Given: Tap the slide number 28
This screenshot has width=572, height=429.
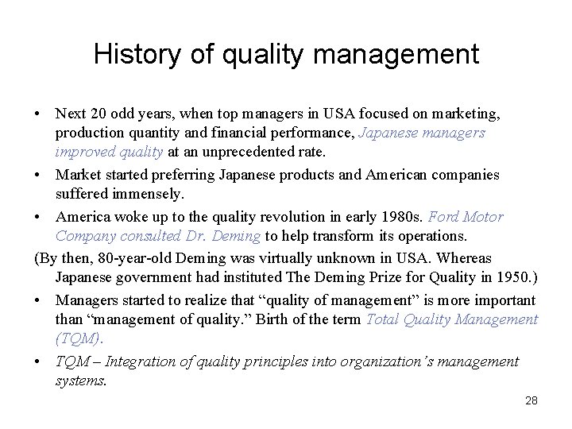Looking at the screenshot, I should click(531, 401).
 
